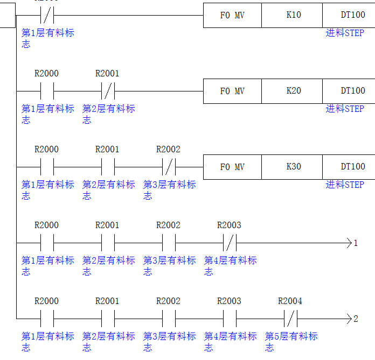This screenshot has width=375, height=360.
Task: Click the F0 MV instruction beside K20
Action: click(x=232, y=91)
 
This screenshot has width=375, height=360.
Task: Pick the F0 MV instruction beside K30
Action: click(x=232, y=167)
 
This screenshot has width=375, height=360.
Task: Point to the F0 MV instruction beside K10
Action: click(x=232, y=15)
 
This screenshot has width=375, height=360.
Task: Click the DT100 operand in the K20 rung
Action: click(x=352, y=91)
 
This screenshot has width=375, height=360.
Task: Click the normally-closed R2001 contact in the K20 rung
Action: click(x=108, y=90)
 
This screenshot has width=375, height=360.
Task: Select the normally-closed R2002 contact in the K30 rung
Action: click(x=169, y=166)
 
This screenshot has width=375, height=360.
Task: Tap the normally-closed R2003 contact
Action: click(x=230, y=243)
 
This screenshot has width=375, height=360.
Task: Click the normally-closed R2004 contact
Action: click(x=290, y=319)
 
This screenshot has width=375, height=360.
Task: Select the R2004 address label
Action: click(x=290, y=301)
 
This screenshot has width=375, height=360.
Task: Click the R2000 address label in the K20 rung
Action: click(x=46, y=73)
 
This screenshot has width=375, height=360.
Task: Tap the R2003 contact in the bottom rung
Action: click(x=230, y=319)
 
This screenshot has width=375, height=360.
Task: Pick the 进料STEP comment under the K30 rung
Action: click(x=345, y=185)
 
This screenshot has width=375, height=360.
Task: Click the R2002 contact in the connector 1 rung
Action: click(x=169, y=243)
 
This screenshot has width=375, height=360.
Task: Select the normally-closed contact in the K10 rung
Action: click(x=47, y=15)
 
